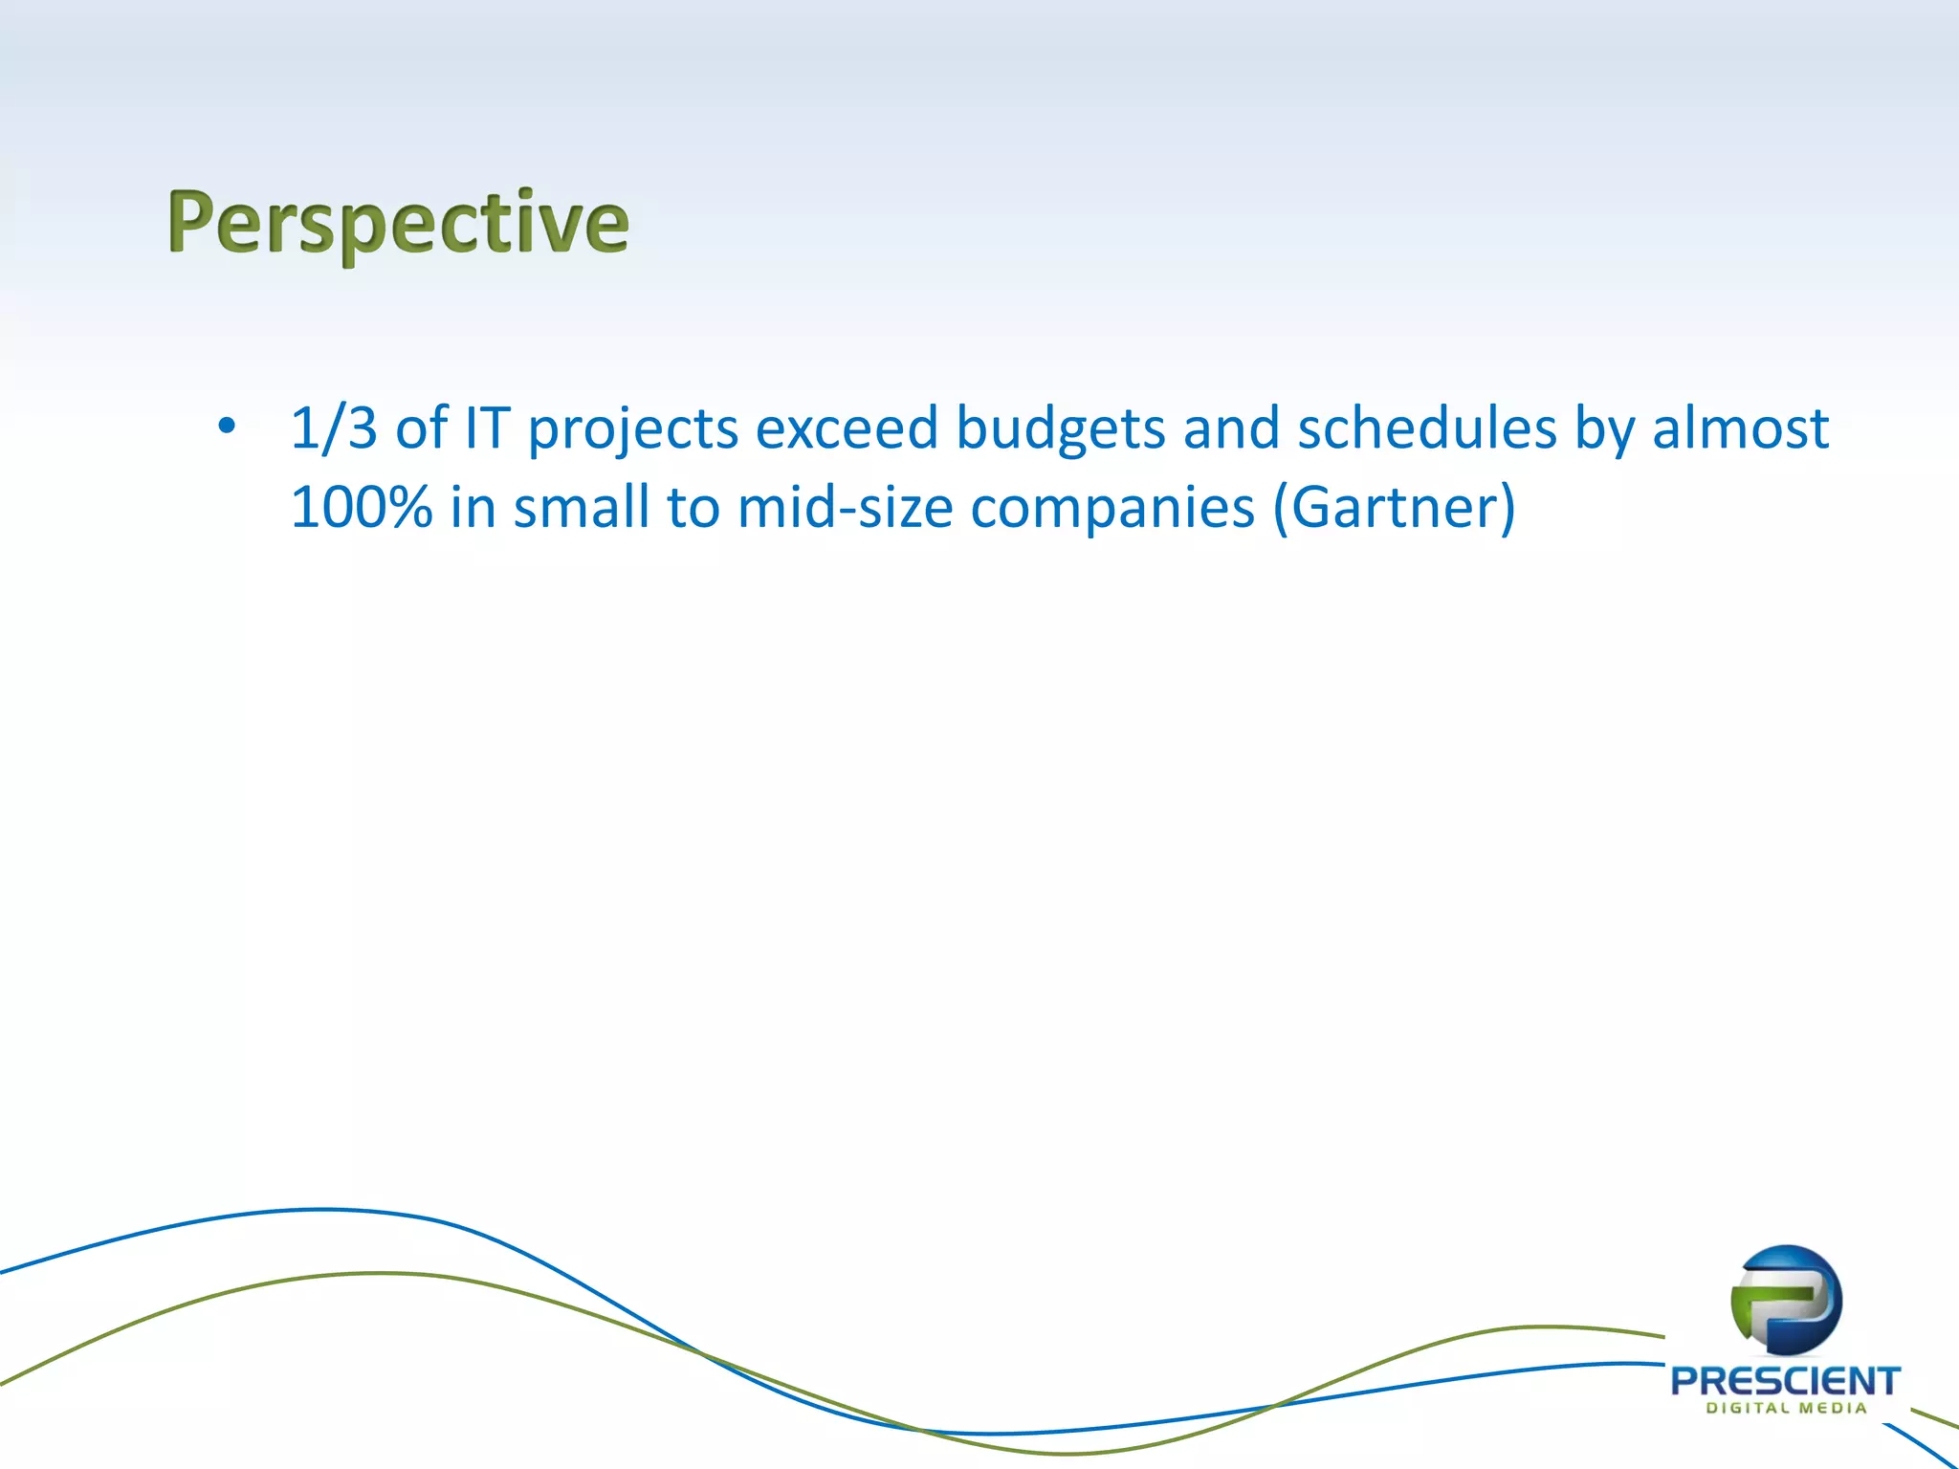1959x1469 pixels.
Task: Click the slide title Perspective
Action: tap(398, 223)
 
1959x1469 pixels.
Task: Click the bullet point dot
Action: tap(226, 426)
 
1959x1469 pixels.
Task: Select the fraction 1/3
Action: tap(334, 428)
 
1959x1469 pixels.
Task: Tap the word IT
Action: tap(487, 428)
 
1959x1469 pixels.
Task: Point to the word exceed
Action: tap(846, 428)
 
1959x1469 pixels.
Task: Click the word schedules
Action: tap(1426, 428)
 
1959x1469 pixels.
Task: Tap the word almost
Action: tap(1740, 428)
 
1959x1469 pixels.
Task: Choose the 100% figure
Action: tap(361, 507)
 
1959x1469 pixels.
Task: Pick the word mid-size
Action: tap(845, 507)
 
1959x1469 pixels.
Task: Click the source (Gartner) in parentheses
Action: tap(1394, 507)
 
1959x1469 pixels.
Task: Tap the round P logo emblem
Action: tap(1786, 1300)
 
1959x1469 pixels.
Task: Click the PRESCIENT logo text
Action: tap(1785, 1381)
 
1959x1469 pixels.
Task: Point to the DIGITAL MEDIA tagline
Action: tap(1786, 1408)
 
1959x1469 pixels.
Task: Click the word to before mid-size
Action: tap(693, 507)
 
